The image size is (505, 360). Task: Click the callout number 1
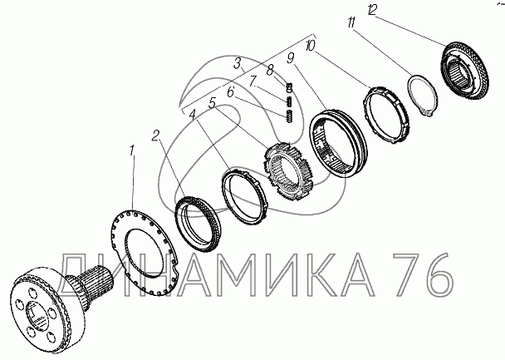tap(132, 150)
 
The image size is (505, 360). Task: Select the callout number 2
tap(155, 136)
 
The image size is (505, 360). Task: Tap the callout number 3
tap(238, 64)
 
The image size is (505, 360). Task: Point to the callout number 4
tap(193, 115)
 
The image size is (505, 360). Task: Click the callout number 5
tap(212, 103)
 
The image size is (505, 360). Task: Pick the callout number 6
tap(231, 92)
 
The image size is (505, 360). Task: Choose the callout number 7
tap(253, 81)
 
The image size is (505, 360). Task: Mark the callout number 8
tap(270, 70)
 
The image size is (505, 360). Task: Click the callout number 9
tap(291, 58)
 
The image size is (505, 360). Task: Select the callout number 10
tap(310, 46)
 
